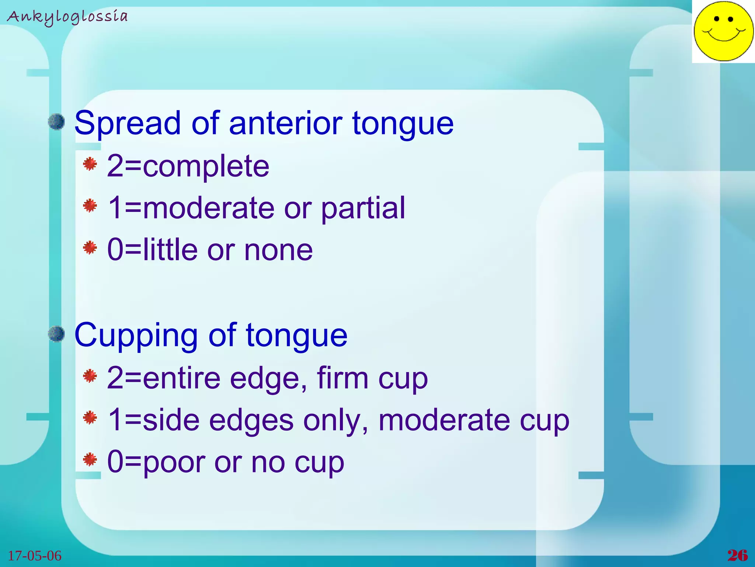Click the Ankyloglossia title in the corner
67,17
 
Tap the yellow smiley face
723,31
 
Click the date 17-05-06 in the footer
35,556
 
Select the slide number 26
737,555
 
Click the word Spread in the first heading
128,123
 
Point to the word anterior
286,123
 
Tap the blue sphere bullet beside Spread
57,122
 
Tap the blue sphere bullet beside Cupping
57,334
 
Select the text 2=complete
188,166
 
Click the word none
278,250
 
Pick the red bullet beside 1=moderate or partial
90,206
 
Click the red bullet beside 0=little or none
90,248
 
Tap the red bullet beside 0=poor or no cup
90,460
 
